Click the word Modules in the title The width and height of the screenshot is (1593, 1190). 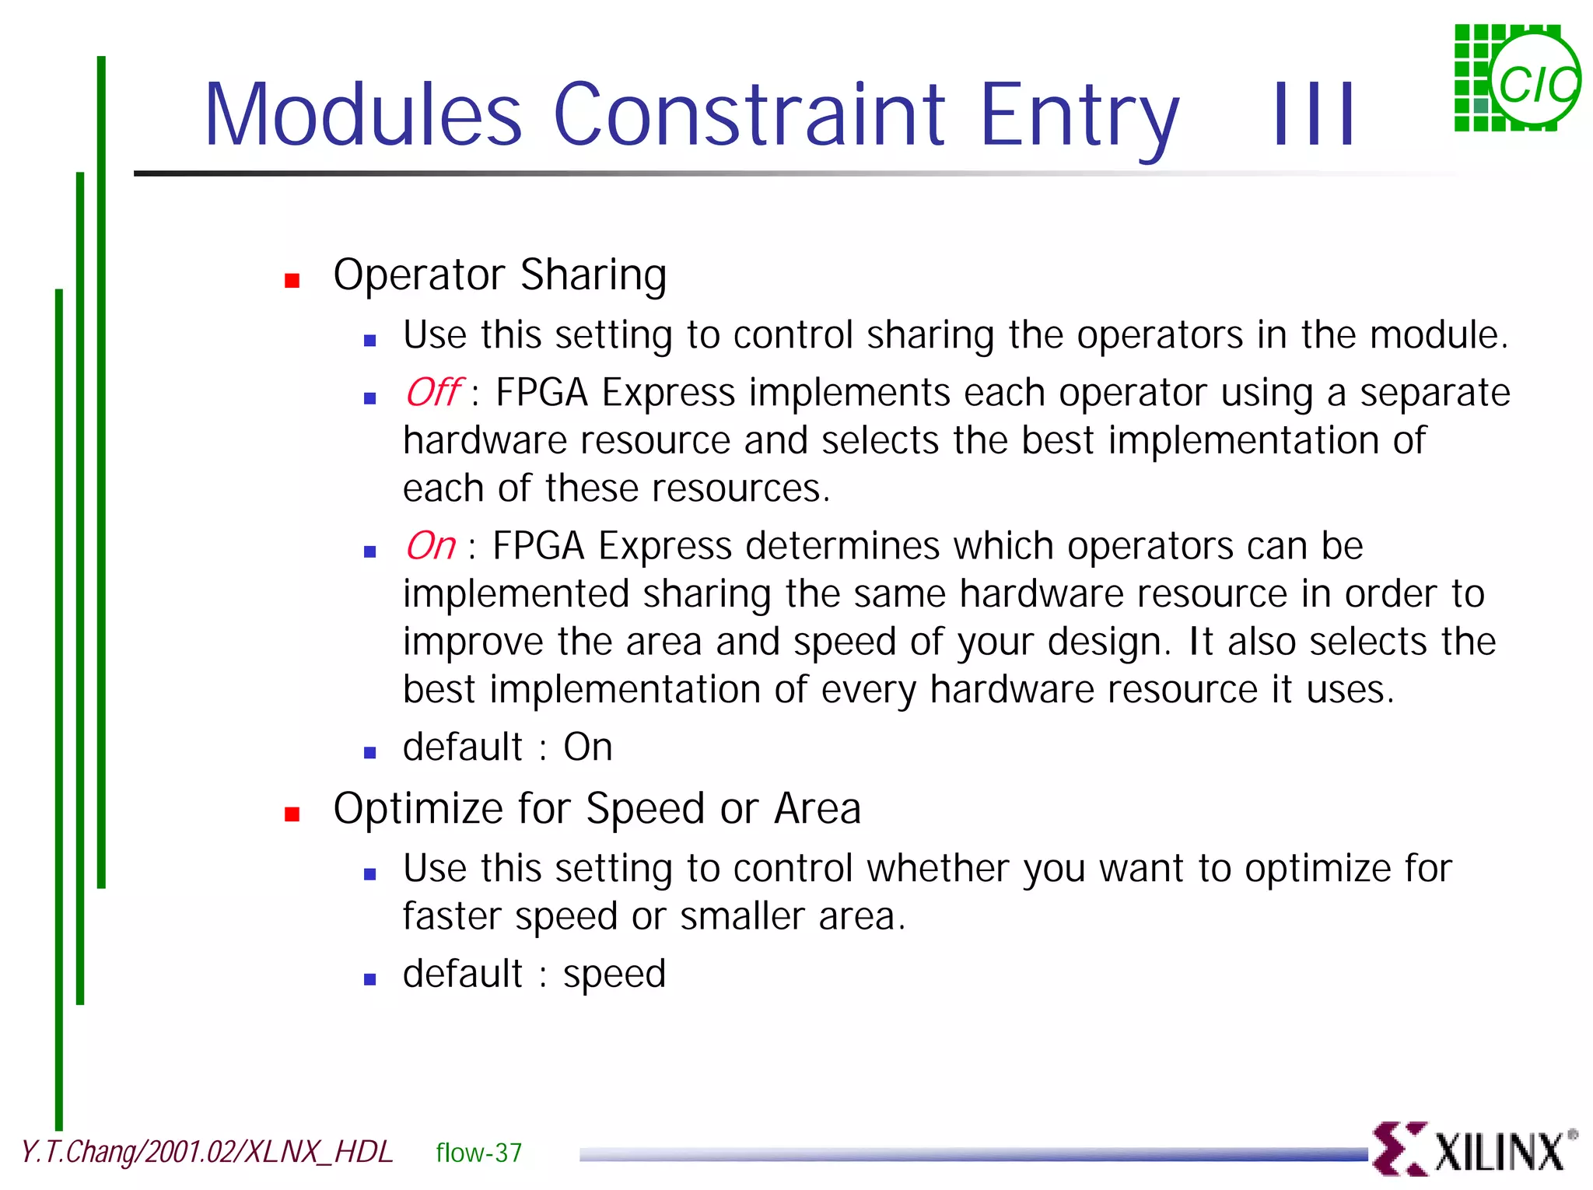click(362, 114)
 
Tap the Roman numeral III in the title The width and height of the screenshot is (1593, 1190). click(1315, 114)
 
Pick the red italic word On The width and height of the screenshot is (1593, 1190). click(430, 545)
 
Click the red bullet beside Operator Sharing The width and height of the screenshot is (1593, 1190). click(292, 281)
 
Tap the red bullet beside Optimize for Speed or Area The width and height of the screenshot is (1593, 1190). click(292, 814)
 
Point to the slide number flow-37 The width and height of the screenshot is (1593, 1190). click(478, 1153)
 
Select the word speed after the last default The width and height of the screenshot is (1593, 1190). click(614, 975)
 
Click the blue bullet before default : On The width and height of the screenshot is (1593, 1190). click(370, 752)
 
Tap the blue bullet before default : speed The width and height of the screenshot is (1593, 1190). click(370, 979)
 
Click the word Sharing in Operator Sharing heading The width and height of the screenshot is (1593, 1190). click(593, 275)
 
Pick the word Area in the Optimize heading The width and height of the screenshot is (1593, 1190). click(818, 808)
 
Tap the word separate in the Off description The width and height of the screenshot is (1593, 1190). click(1434, 393)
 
